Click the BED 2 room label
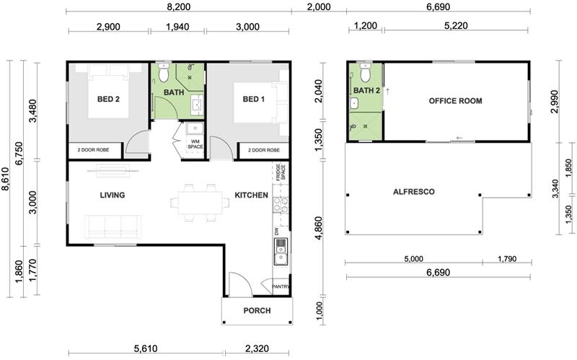coord(108,99)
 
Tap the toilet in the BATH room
coord(164,73)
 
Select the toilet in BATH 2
coord(365,73)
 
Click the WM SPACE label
coord(195,144)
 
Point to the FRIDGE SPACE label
coord(281,172)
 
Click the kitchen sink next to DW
coord(280,252)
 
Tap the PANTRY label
coord(281,286)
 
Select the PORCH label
coord(257,311)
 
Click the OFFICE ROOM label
coord(455,101)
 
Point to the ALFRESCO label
coord(413,192)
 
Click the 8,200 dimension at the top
coord(179,6)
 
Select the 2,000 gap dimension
coord(319,6)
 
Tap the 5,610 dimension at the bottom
coord(146,348)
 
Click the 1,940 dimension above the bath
coord(177,27)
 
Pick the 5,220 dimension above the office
coord(456,25)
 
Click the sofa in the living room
coord(113,227)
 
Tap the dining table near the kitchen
coord(201,203)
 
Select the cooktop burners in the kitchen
coord(281,205)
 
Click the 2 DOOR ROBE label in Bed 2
coord(93,150)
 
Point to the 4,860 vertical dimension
coord(319,228)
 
